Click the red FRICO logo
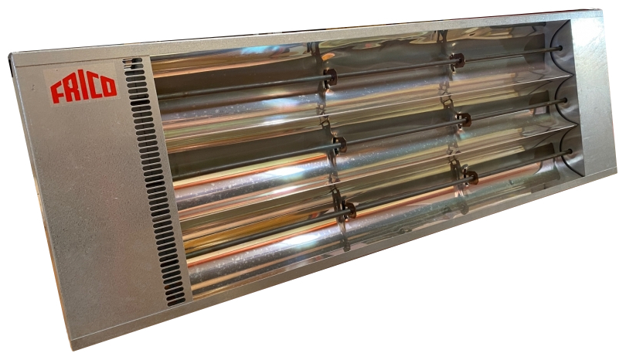point(83,89)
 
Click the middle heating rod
point(369,138)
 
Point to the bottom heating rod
point(377,202)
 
